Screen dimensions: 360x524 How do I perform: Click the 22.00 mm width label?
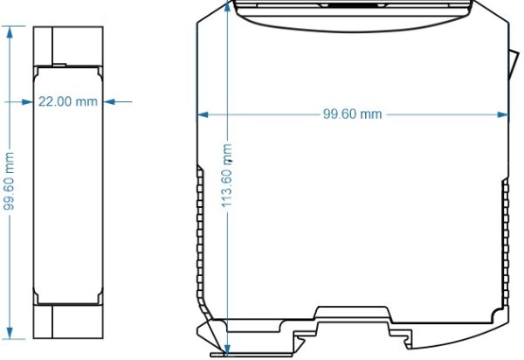tap(66, 101)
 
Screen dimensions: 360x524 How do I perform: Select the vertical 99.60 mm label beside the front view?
tap(9, 181)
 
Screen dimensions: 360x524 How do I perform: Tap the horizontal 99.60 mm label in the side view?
tap(353, 114)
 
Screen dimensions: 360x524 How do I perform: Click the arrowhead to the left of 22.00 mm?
tap(29, 101)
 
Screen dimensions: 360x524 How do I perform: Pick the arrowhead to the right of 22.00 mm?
tap(109, 101)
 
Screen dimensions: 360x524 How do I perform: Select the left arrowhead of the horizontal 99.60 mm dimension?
tap(203, 114)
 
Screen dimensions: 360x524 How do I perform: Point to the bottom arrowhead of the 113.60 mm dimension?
tap(228, 350)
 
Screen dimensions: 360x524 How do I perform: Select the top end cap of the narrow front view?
tap(69, 45)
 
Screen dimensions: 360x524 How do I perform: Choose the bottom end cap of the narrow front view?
tap(69, 321)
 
